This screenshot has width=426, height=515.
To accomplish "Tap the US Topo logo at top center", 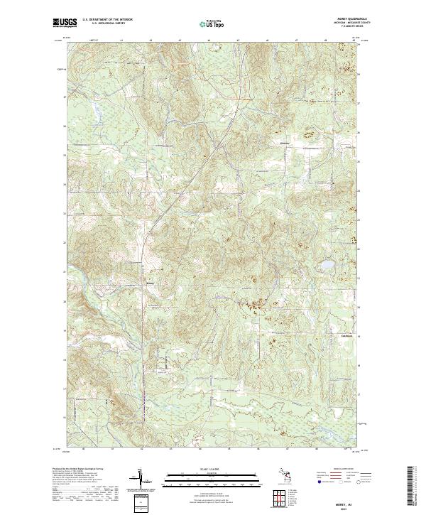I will click(x=212, y=23).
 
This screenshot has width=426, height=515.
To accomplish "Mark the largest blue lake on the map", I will click(x=327, y=266).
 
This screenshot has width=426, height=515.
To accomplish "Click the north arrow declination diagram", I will click(x=141, y=479).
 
